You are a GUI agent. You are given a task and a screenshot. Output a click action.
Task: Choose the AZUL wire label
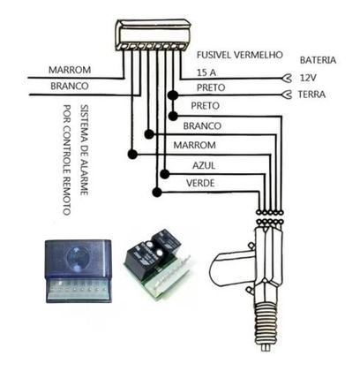click(x=203, y=165)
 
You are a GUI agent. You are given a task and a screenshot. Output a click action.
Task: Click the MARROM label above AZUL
click(x=196, y=145)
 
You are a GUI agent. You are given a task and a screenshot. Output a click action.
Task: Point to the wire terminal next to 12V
click(x=284, y=77)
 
